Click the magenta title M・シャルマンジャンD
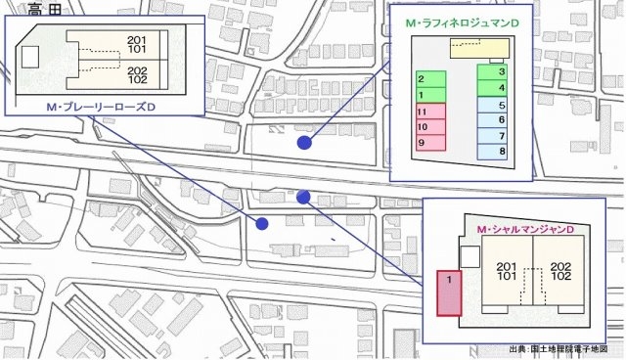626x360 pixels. tap(524, 229)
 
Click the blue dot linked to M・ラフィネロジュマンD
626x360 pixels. tap(304, 143)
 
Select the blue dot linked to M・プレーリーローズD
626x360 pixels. tap(262, 224)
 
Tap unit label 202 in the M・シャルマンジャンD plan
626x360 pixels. tap(560, 266)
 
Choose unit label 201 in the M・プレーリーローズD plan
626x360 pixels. tap(136, 40)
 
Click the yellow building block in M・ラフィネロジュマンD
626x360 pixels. tap(472, 47)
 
